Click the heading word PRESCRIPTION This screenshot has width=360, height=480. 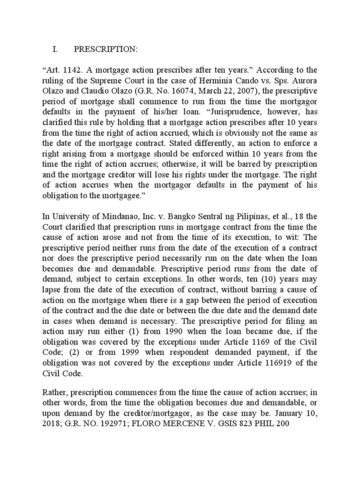pos(106,49)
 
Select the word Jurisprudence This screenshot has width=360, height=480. pos(234,112)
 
